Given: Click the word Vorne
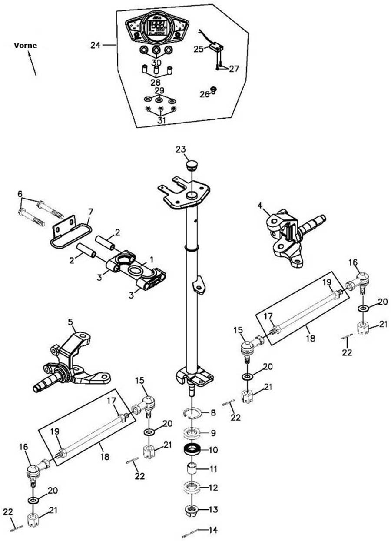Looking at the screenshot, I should coord(25,45).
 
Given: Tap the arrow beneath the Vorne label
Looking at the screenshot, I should coord(32,63).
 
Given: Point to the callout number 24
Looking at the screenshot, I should coord(96,44).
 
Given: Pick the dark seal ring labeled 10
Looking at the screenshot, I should coord(192,449).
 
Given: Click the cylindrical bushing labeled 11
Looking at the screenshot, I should coord(192,470).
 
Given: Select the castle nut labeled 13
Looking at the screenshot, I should coord(192,509).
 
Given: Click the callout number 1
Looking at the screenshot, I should coord(151,259).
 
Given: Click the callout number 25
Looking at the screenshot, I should coord(198,50).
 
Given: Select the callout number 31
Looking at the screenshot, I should coord(161,120).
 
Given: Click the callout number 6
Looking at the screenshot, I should coord(20,193).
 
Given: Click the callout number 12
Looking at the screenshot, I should coord(213,488).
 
